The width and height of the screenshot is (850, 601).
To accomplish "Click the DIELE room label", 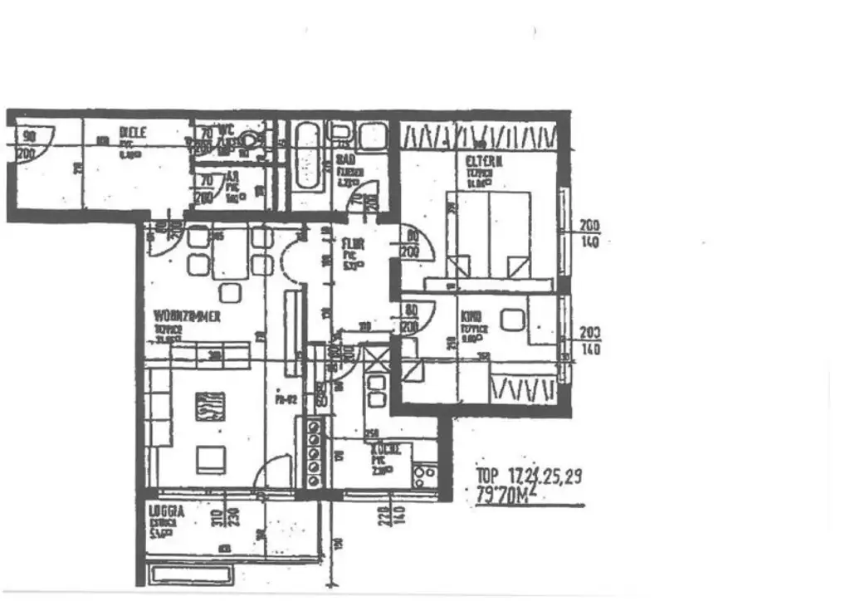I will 132,133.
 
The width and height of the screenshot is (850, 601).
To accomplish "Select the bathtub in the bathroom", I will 308,155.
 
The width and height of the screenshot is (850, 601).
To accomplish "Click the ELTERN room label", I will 479,164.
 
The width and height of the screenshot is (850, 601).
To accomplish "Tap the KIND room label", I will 471,316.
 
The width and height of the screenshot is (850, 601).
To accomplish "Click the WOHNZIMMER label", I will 187,317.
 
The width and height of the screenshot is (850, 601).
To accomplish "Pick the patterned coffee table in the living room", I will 210,408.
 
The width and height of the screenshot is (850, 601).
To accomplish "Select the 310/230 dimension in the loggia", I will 227,518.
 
